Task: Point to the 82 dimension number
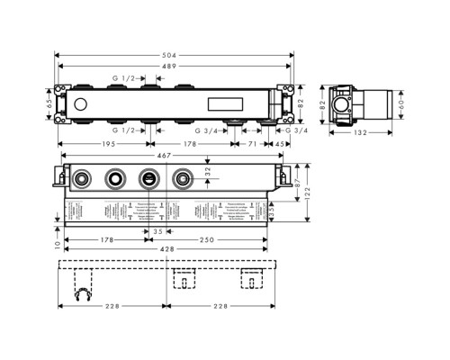pos(314,104)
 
